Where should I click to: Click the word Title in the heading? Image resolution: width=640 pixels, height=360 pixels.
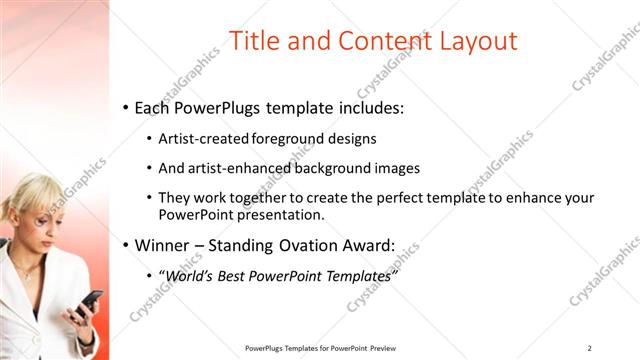(254, 41)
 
